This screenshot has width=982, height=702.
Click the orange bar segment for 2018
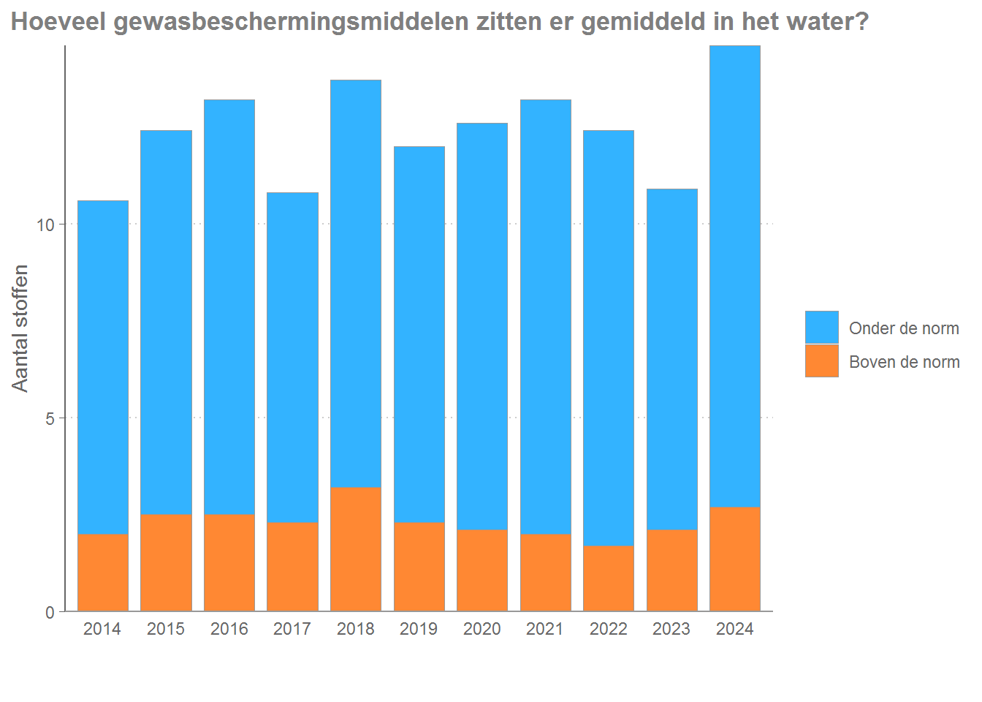(x=356, y=549)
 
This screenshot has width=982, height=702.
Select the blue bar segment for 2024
(x=735, y=276)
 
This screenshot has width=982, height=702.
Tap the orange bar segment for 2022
(x=609, y=578)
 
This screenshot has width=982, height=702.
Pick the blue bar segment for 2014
(x=103, y=367)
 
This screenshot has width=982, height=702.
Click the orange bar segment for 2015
(x=166, y=562)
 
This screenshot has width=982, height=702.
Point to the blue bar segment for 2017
(x=292, y=358)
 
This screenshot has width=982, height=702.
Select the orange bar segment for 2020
(x=482, y=570)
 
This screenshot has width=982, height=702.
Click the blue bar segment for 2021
(x=546, y=317)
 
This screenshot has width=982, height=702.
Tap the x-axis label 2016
(x=229, y=629)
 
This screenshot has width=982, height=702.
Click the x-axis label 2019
(x=419, y=629)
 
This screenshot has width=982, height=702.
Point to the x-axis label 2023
(x=671, y=629)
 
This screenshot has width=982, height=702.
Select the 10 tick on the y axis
(x=45, y=224)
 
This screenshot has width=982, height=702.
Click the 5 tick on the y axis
(x=50, y=419)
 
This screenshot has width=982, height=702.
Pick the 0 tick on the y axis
(x=50, y=613)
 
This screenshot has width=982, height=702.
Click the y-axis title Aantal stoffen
(x=20, y=328)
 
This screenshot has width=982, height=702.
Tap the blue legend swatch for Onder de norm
(x=822, y=327)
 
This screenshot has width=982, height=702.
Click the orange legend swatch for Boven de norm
(x=822, y=361)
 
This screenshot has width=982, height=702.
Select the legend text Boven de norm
(x=904, y=362)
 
